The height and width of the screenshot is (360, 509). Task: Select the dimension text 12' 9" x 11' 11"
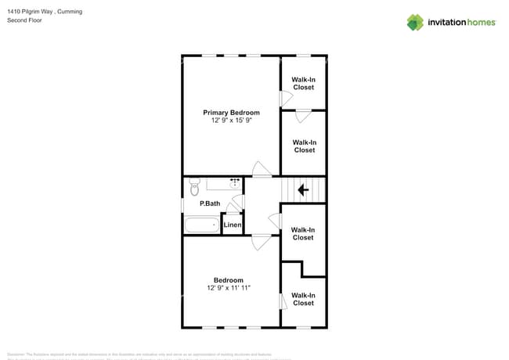tap(229, 289)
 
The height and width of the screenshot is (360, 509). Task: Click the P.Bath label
tap(209, 203)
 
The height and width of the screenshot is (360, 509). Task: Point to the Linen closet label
tap(233, 225)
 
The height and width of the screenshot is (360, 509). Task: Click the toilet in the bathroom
tap(194, 189)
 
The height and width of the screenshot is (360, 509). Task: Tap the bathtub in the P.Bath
tap(202, 225)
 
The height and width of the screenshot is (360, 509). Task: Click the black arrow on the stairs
tap(304, 189)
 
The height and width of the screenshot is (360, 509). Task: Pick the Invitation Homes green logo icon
tap(415, 22)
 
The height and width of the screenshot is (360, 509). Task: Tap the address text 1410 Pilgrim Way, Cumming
tap(45, 12)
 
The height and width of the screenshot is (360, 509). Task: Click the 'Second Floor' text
tap(25, 20)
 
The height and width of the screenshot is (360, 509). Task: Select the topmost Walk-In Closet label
tap(303, 83)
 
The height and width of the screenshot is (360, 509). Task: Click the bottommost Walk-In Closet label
tap(303, 299)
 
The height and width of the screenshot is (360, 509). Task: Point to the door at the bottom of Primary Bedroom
tap(262, 169)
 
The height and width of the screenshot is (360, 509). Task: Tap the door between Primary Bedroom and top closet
tap(286, 99)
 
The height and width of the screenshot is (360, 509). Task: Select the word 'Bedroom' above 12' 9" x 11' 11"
tap(229, 280)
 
